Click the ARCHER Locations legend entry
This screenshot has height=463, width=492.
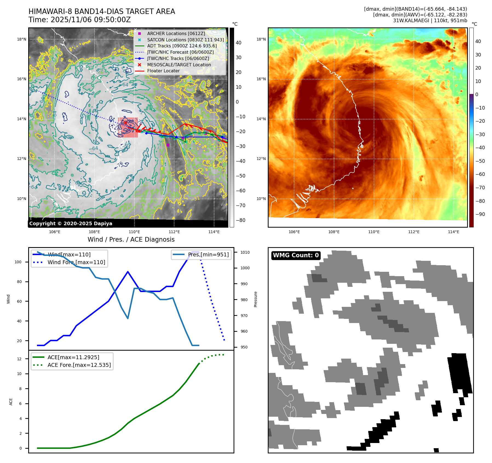176,33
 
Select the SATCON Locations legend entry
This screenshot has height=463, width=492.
185,40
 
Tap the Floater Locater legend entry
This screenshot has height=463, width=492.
163,71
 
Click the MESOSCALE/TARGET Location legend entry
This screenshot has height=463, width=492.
179,65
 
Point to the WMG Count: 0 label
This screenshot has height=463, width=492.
296,255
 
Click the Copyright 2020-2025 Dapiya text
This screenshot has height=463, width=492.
71,224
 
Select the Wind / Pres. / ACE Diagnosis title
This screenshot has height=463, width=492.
131,239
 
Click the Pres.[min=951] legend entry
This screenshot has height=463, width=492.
208,255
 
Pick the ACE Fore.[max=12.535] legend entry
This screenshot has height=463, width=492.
79,365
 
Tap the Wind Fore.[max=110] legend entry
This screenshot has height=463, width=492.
76,262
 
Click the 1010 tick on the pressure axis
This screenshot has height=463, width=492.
245,252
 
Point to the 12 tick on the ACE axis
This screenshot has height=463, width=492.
19,359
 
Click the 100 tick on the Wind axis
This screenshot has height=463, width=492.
18,262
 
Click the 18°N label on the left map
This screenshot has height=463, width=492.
22,39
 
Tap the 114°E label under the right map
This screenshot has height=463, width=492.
453,232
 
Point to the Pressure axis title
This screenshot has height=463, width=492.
255,299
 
